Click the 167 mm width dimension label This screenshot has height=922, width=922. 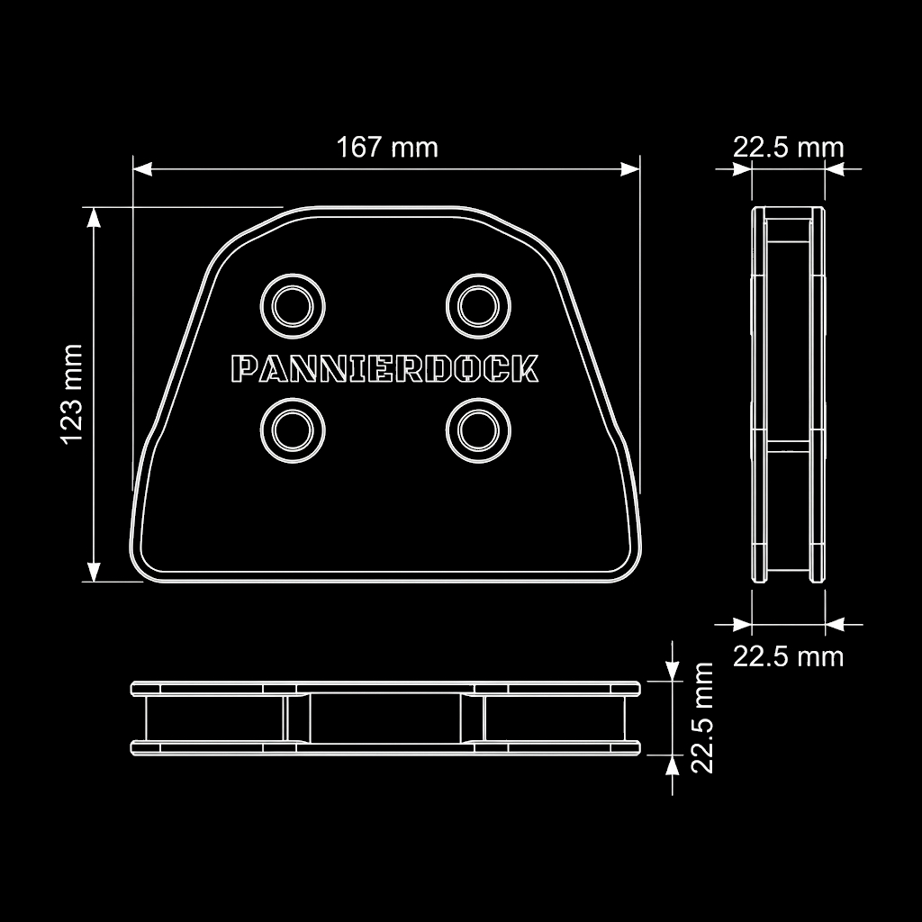pos(387,147)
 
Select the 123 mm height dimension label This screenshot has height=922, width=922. pos(72,393)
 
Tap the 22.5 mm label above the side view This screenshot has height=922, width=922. pos(788,147)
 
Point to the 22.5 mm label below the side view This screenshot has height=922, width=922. pos(788,656)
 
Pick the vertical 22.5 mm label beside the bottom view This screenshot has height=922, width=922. pos(702,718)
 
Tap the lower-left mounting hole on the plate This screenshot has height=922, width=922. pos(292,430)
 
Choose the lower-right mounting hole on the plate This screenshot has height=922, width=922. pos(477,430)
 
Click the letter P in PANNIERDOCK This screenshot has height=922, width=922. pos(243,369)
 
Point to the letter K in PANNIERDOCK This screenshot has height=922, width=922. pos(526,369)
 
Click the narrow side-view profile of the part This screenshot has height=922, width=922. pos(788,394)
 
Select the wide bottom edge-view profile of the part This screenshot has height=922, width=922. pos(386,718)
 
